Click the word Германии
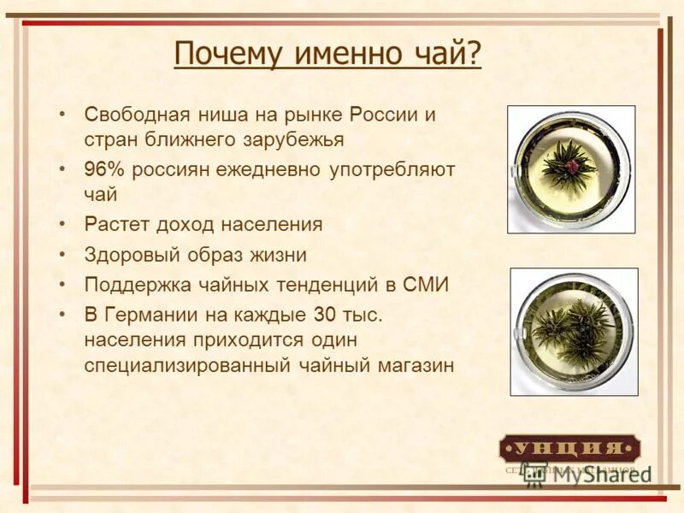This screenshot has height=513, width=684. coord(149,315)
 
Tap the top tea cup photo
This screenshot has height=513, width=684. coord(571,169)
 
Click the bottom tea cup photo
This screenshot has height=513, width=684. coord(574,332)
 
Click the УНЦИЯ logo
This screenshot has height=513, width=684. coord(569,448)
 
